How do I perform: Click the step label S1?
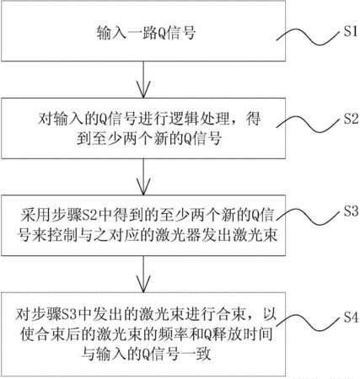(351, 30)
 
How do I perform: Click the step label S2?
(351, 119)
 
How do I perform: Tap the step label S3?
(351, 211)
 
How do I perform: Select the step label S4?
(351, 318)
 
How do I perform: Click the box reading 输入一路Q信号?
(143, 31)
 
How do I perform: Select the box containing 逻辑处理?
(143, 128)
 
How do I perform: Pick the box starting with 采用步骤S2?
(143, 226)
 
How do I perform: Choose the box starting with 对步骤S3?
(143, 334)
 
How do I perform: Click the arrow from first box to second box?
(143, 79)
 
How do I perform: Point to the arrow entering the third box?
(143, 177)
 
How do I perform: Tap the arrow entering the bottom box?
(143, 274)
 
